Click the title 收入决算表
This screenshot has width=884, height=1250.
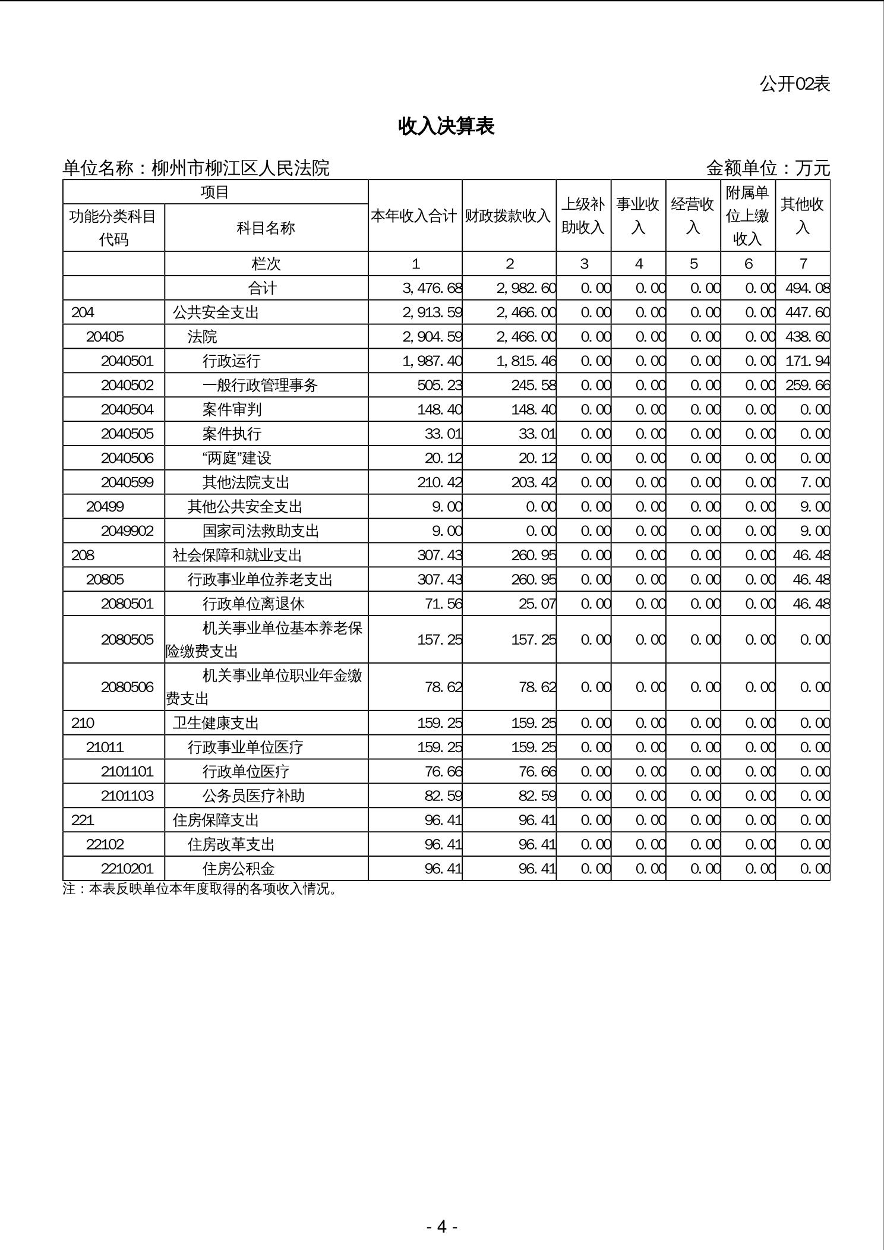(446, 126)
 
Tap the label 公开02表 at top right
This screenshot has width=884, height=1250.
(794, 84)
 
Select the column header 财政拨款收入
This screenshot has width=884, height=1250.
(508, 216)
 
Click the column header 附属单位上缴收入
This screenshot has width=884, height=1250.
(747, 216)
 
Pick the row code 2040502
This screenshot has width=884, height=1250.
(127, 385)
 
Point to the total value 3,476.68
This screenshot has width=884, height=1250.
(432, 288)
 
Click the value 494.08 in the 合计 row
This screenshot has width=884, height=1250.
(807, 288)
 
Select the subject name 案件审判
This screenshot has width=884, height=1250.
(232, 409)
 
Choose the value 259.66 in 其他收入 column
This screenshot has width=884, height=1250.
(807, 385)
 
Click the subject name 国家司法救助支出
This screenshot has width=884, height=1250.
(261, 531)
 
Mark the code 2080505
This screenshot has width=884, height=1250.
(127, 639)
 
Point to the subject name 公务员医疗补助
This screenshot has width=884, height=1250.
(253, 796)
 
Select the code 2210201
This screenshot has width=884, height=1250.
(127, 869)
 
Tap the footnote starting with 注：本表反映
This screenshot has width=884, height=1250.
(200, 889)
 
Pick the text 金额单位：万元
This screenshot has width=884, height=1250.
(768, 168)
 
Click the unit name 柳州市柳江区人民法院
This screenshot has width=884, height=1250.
(240, 168)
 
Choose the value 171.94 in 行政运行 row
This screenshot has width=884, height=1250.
(807, 361)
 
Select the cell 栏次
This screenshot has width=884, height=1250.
(266, 264)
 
